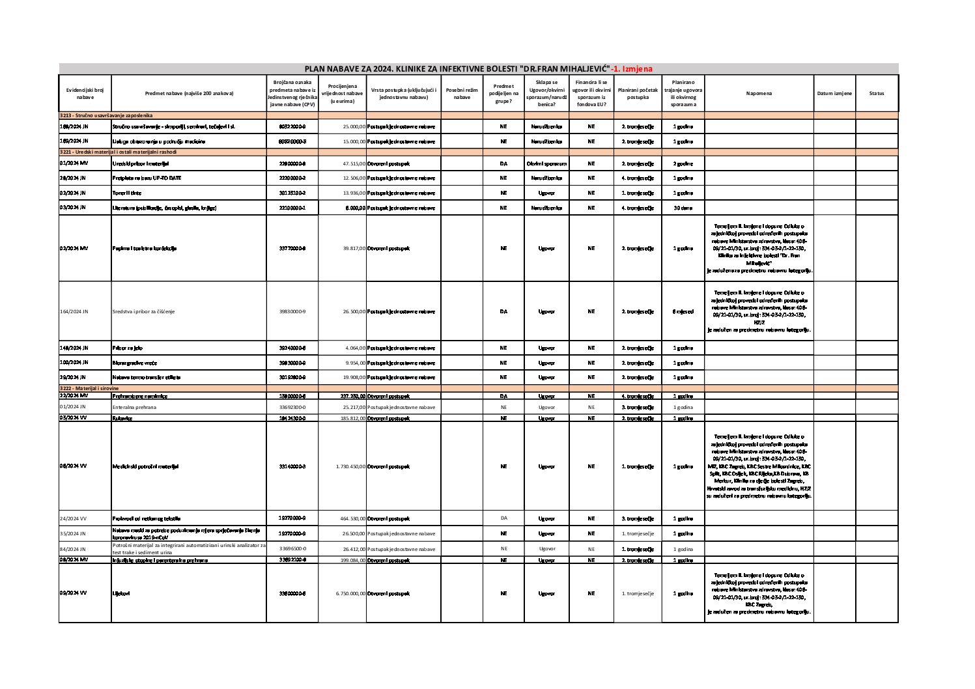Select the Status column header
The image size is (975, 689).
click(x=876, y=94)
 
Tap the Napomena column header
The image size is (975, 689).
click(x=759, y=94)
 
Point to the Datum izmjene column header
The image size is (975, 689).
click(x=834, y=94)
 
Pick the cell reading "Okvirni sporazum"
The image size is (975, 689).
click(x=546, y=163)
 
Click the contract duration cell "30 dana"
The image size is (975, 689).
click(x=683, y=208)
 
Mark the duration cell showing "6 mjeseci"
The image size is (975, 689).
click(x=683, y=311)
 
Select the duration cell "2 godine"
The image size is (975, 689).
click(x=683, y=163)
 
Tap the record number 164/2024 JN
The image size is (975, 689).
click(x=74, y=311)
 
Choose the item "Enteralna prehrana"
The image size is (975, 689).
click(x=134, y=407)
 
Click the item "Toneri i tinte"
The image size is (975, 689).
click(x=127, y=193)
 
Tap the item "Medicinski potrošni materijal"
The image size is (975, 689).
click(x=145, y=466)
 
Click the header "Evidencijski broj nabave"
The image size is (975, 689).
click(x=85, y=94)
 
